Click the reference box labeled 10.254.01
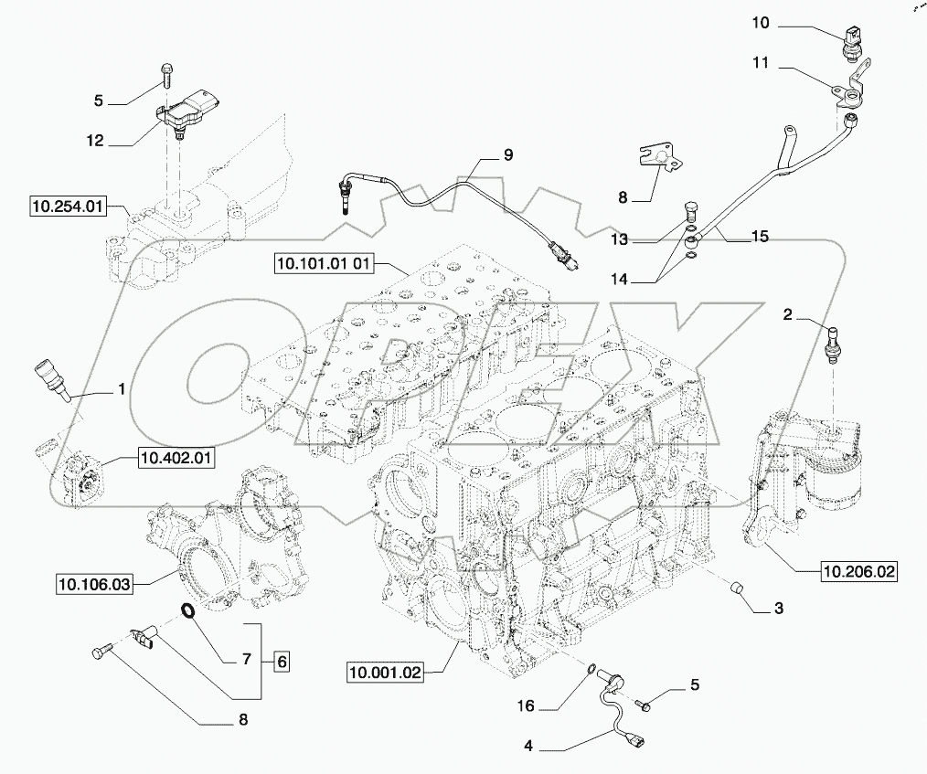click(x=67, y=207)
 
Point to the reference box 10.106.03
click(x=95, y=581)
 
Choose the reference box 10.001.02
click(x=386, y=674)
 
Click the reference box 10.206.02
click(x=859, y=573)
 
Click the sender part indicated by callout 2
click(x=832, y=342)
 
